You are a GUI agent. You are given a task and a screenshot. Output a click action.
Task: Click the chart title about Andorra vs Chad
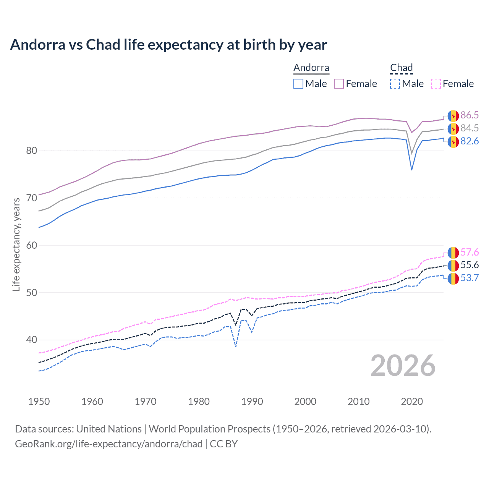[x=168, y=45]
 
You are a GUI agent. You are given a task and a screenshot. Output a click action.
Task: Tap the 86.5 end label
[x=470, y=115]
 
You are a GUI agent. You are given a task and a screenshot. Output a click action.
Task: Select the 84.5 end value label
[x=470, y=128]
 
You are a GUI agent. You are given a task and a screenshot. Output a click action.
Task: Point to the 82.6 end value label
[x=470, y=141]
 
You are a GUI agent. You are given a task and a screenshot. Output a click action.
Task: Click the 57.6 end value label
[x=470, y=252]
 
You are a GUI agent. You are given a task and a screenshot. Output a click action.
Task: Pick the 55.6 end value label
[x=470, y=265]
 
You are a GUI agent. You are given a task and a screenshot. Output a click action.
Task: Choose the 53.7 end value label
[x=470, y=278]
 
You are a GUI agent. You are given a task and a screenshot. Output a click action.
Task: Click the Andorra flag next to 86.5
[x=453, y=115]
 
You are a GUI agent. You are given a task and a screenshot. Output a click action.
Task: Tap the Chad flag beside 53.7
[x=453, y=279]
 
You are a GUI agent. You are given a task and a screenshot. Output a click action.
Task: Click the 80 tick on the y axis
[x=32, y=151]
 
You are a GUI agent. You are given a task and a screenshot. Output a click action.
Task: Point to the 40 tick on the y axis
[x=32, y=340]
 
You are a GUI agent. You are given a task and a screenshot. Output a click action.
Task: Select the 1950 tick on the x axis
[x=39, y=402]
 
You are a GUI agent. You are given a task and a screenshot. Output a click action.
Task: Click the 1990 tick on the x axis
[x=252, y=402]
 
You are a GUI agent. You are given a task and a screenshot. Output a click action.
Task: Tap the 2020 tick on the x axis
[x=412, y=402]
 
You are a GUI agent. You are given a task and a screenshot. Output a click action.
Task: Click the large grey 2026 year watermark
[x=403, y=366]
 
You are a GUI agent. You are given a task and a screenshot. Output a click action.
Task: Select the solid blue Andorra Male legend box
[x=298, y=84]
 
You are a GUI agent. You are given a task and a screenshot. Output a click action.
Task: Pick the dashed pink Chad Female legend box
[x=436, y=84]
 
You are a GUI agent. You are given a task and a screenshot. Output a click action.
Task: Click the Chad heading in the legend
[x=402, y=68]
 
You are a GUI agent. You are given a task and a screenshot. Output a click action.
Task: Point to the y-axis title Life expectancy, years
[x=16, y=244]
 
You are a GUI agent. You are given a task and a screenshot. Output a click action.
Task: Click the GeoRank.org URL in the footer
[x=108, y=444]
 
